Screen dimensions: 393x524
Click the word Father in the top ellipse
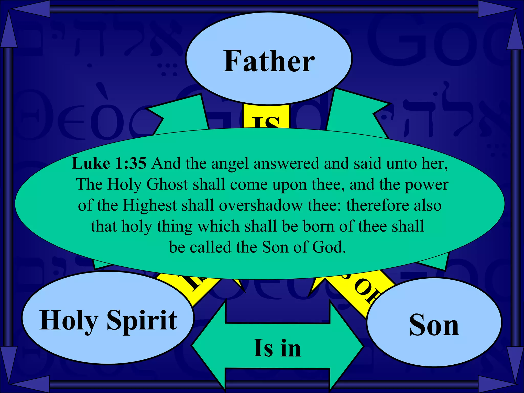269,61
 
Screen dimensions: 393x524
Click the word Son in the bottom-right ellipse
434,325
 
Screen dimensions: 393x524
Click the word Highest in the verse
149,205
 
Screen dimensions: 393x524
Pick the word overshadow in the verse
260,205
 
